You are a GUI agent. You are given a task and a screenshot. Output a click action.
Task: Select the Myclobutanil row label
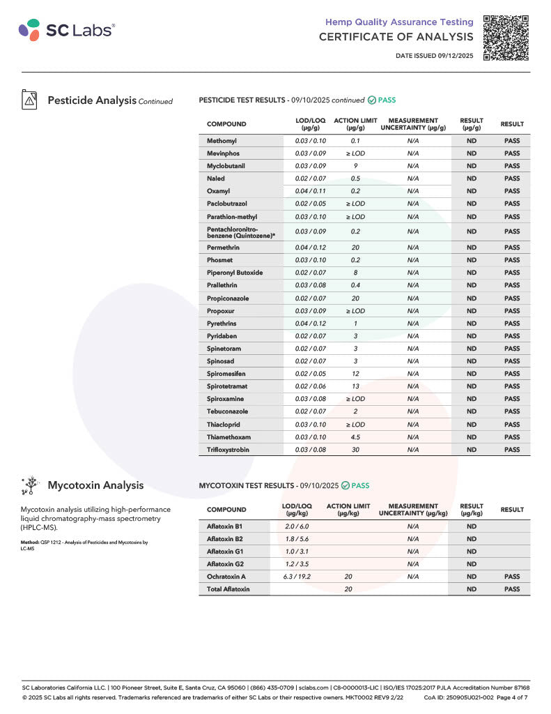click(x=226, y=166)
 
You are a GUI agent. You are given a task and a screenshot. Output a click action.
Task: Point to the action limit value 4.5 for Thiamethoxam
click(x=355, y=437)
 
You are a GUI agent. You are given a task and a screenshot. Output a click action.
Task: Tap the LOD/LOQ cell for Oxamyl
click(x=310, y=191)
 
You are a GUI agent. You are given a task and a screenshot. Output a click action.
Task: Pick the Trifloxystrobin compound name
click(x=228, y=450)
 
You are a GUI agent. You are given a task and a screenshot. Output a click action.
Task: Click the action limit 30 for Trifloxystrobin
click(x=355, y=450)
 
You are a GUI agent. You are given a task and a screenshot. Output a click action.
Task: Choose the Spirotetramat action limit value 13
click(x=355, y=386)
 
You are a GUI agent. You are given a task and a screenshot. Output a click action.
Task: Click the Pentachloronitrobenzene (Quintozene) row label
click(x=241, y=231)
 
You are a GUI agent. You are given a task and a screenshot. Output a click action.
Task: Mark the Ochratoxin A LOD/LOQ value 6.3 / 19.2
click(x=297, y=577)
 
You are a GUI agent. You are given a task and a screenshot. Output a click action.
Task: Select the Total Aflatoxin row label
click(x=228, y=589)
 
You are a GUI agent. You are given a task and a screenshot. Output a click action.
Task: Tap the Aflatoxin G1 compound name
click(x=225, y=551)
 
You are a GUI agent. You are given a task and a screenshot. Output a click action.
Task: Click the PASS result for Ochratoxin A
click(x=512, y=577)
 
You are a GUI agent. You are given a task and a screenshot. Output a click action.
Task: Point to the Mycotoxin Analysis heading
click(x=95, y=485)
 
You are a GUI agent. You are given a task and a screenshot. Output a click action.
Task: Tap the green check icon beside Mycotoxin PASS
click(x=346, y=485)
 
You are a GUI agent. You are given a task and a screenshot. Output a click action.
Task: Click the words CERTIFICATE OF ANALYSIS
click(x=396, y=37)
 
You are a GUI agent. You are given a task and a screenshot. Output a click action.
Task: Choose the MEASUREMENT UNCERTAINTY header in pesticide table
click(x=413, y=124)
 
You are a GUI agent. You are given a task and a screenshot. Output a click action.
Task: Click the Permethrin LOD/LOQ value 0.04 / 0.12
click(x=310, y=247)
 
